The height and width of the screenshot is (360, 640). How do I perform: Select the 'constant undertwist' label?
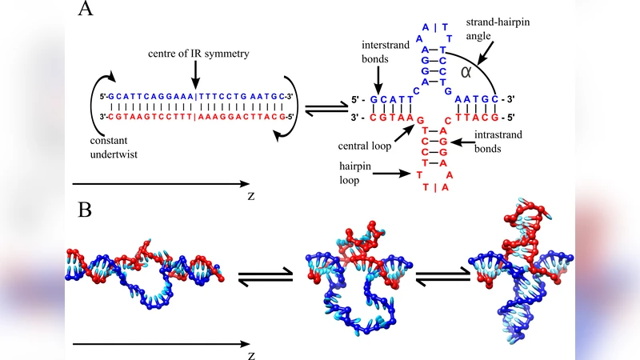coord(111,147)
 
